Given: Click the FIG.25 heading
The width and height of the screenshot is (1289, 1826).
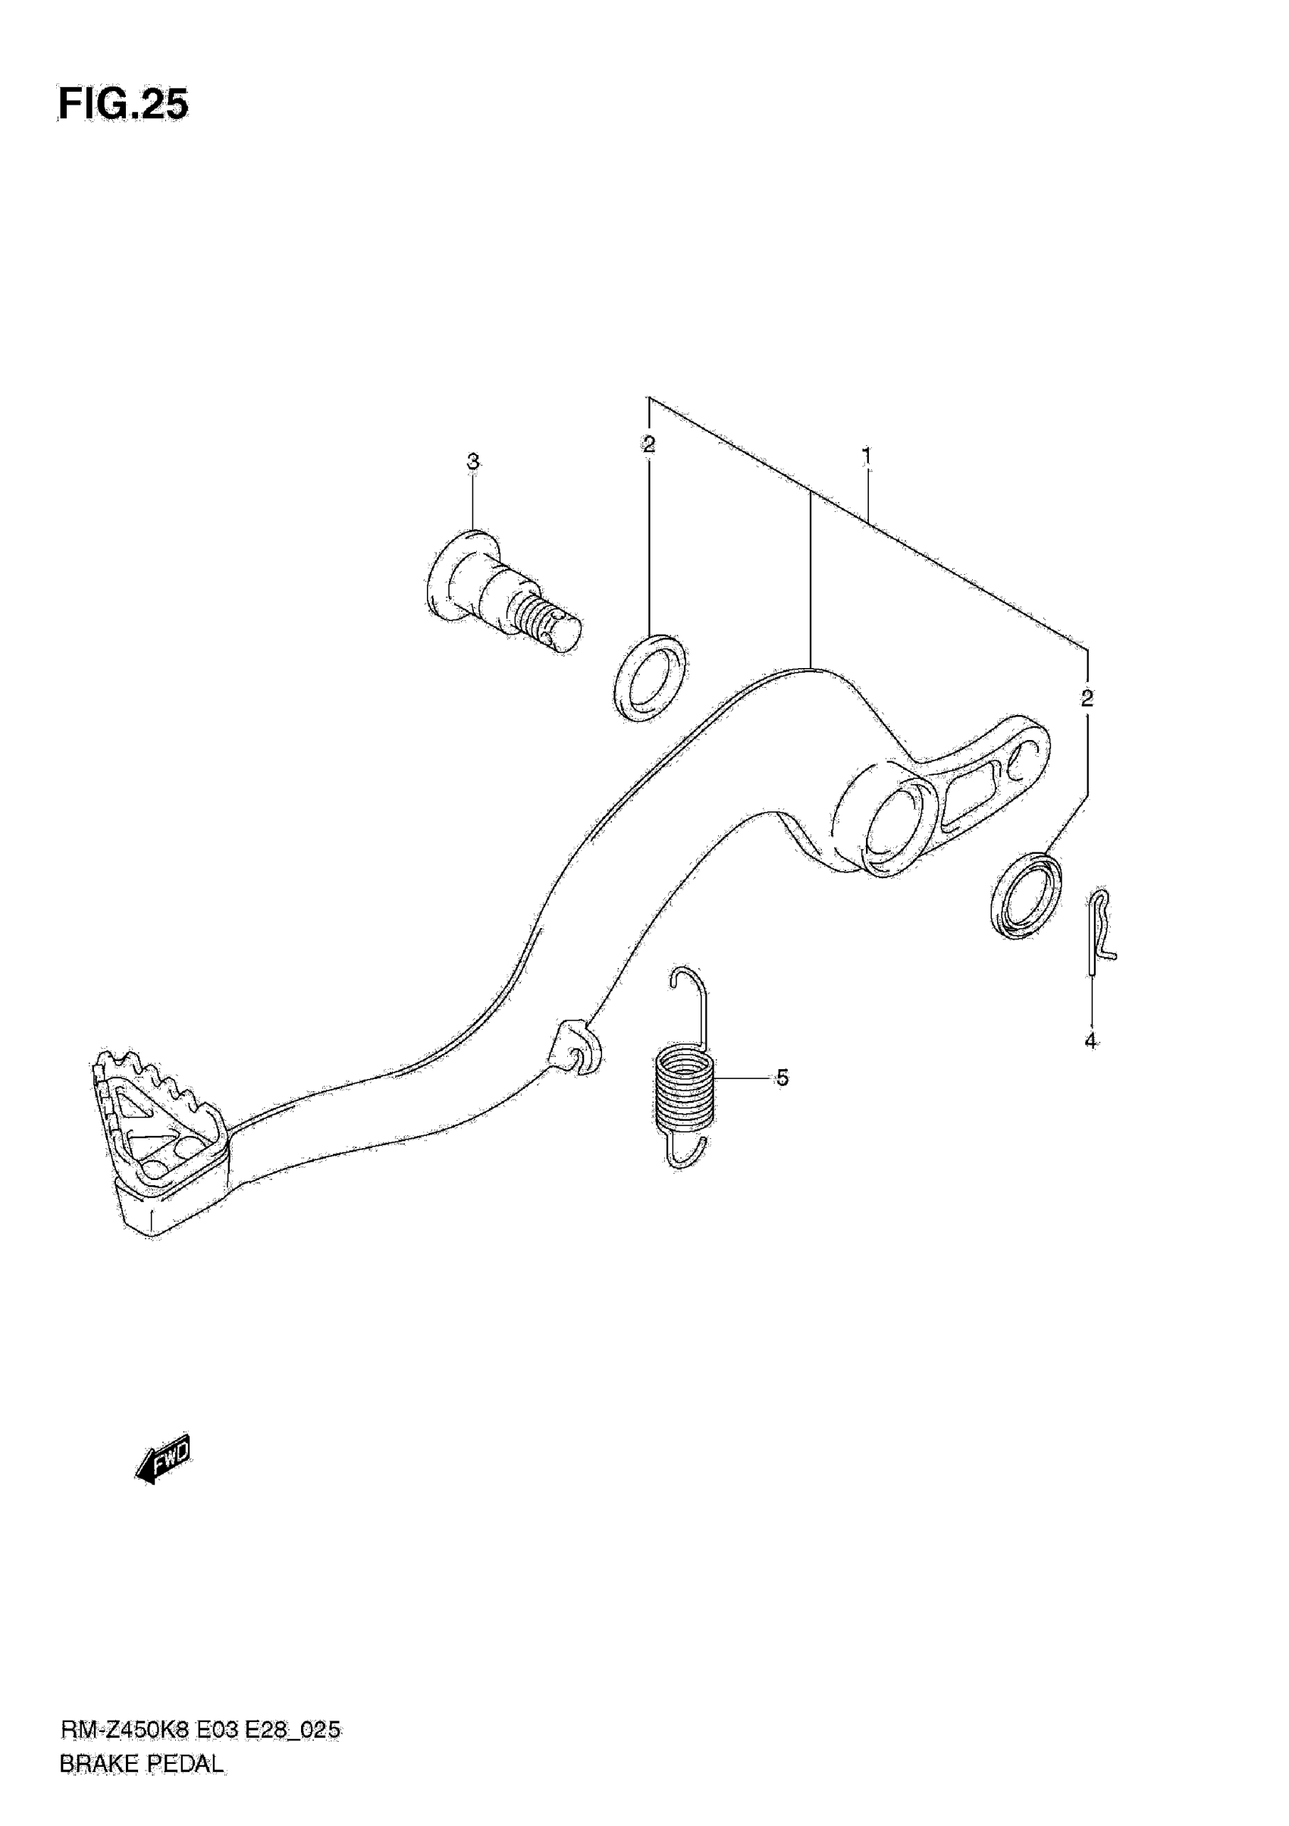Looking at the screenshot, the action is [124, 105].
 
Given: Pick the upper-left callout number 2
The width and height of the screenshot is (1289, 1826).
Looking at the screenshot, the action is [649, 444].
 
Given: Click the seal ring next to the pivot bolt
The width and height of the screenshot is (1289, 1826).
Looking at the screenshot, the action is [651, 679].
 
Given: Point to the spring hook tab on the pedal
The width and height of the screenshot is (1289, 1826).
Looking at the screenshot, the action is [576, 1049].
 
